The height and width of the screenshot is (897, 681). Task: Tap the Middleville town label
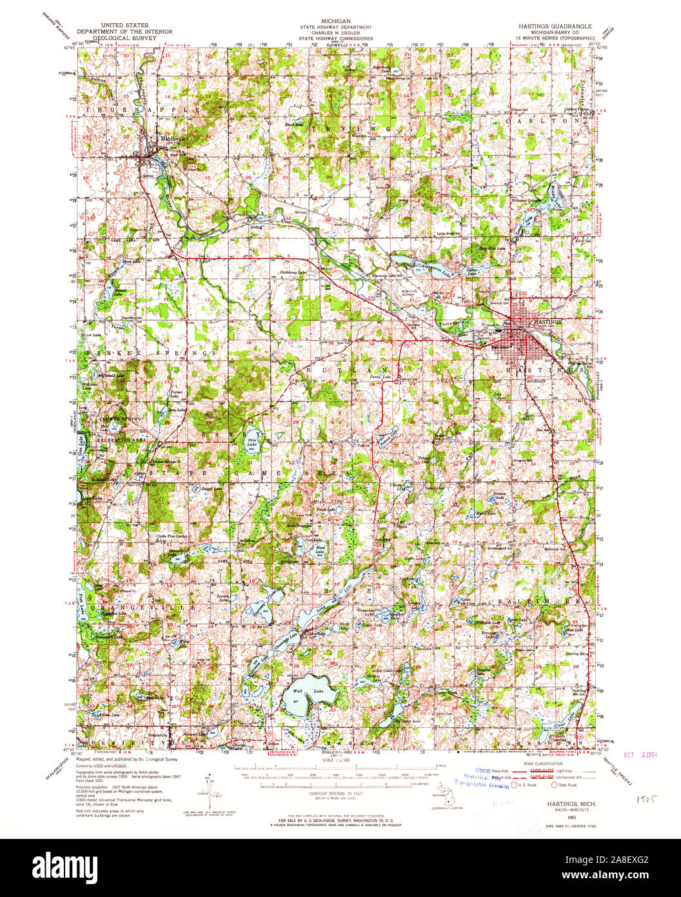point(170,138)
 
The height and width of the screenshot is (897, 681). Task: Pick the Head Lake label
point(319,550)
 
